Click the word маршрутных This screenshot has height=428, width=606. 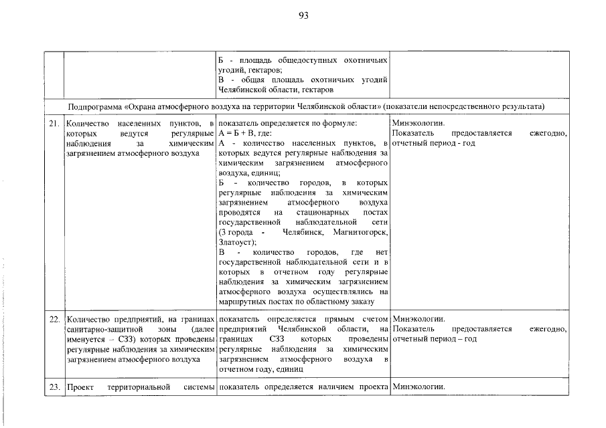click(x=242, y=302)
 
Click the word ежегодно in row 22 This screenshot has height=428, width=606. click(x=548, y=330)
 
